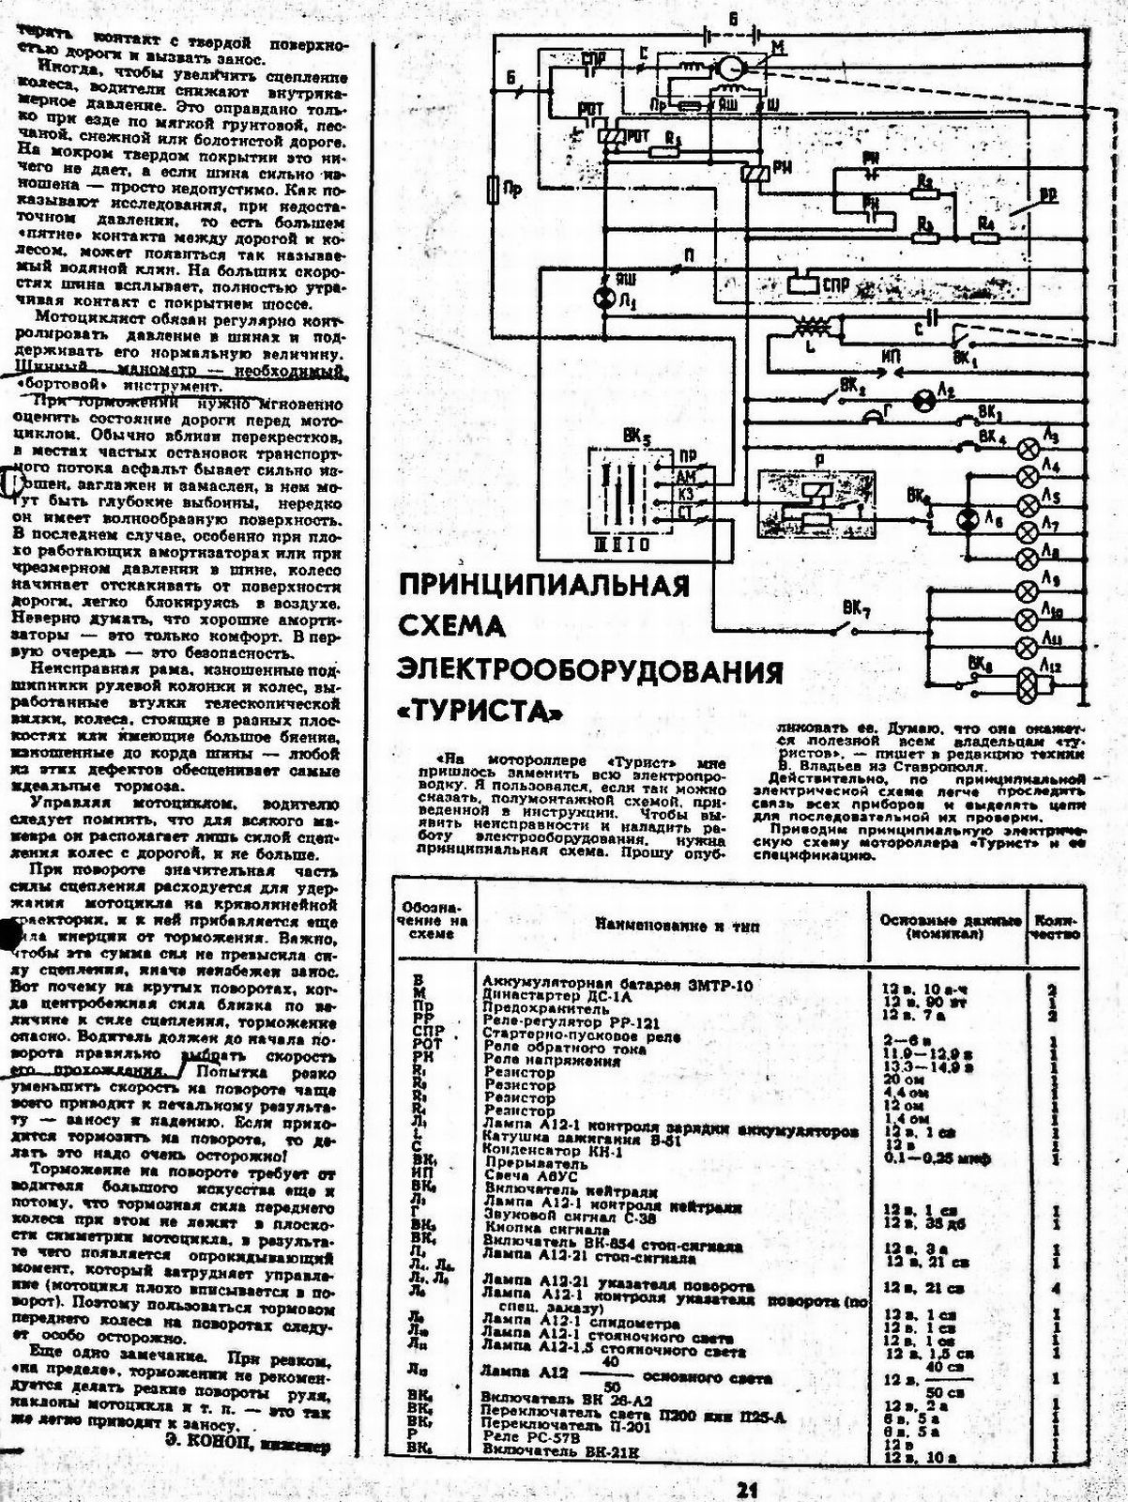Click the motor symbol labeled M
[729, 68]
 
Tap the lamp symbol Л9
[1028, 591]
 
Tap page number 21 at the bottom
[746, 1488]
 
